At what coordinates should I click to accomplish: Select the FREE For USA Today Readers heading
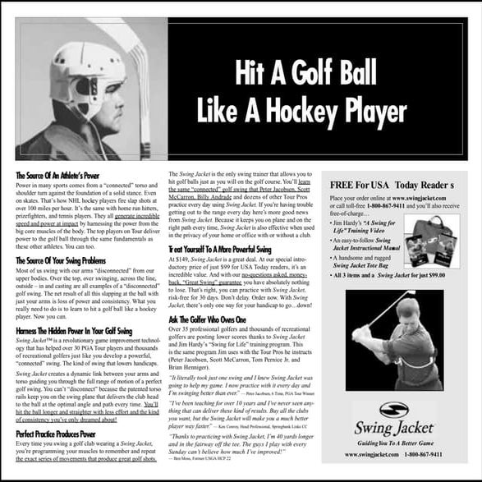click(x=390, y=185)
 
